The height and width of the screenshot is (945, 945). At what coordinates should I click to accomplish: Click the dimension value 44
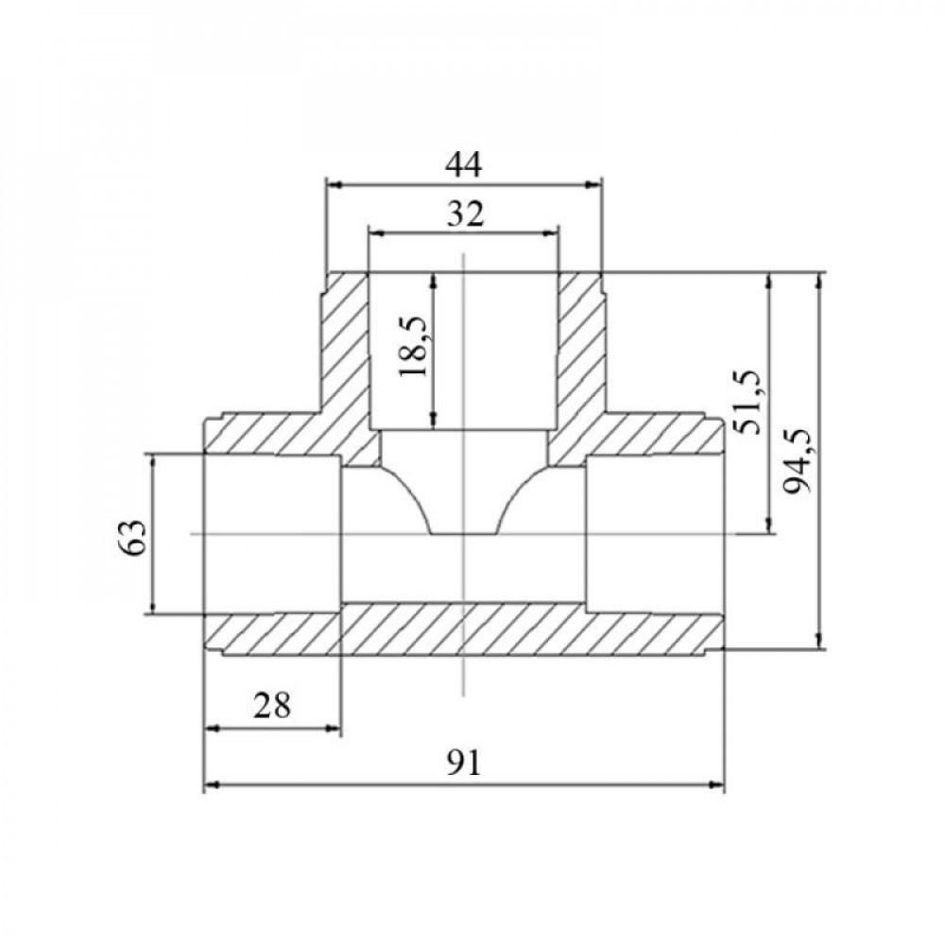click(463, 164)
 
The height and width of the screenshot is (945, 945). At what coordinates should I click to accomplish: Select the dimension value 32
click(465, 214)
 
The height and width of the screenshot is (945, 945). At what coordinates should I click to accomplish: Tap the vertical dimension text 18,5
click(415, 347)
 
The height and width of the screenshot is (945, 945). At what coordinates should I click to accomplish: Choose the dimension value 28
click(272, 705)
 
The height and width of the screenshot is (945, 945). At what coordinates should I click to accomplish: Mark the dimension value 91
click(465, 764)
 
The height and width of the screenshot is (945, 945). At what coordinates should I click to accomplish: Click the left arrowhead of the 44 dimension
click(334, 185)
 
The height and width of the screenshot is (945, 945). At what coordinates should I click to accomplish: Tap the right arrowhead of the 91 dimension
click(716, 784)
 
